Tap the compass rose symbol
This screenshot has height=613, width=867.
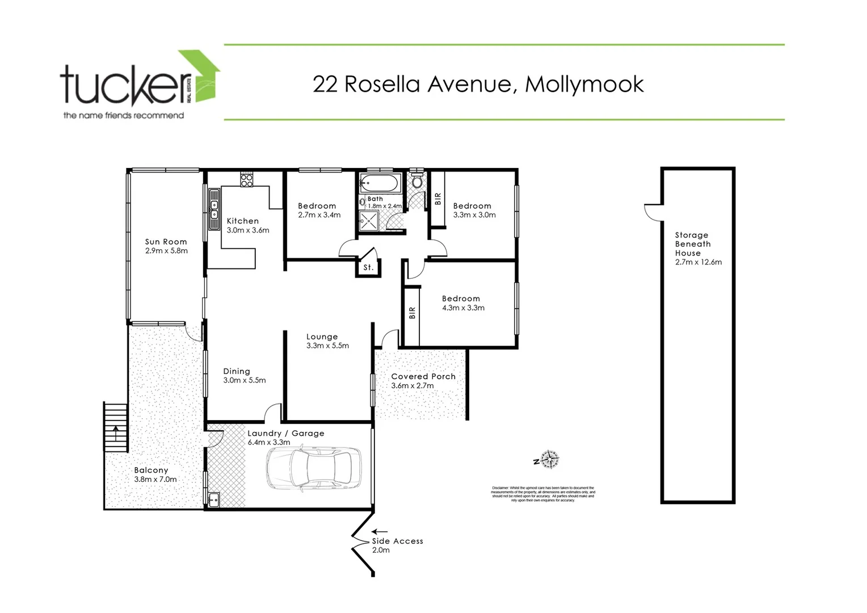550,459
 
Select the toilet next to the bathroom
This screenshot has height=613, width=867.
417,180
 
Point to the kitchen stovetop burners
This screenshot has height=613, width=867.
247,180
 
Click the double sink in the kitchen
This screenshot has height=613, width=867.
214,209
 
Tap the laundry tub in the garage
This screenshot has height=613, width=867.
214,500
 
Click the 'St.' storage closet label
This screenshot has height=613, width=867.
368,267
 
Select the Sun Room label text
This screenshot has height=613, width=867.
166,242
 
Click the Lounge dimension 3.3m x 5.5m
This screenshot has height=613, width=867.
327,346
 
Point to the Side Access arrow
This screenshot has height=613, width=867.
380,532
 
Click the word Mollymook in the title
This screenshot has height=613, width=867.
584,84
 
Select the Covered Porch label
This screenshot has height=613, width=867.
423,376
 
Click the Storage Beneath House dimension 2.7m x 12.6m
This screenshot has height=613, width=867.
698,262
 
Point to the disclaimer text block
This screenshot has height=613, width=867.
543,494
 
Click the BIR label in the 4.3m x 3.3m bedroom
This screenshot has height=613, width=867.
412,313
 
